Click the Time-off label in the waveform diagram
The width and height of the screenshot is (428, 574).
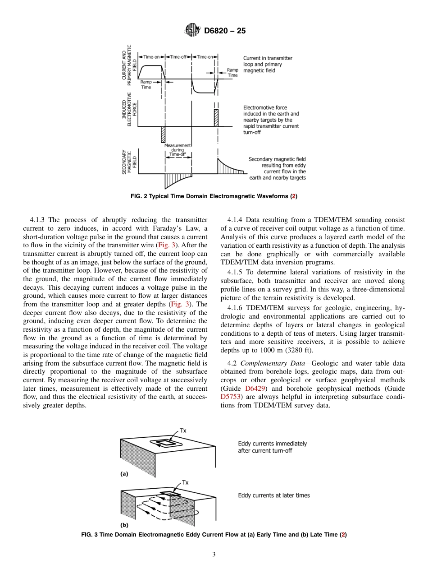pyautogui.click(x=179, y=57)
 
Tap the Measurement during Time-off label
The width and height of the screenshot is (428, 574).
pyautogui.click(x=178, y=150)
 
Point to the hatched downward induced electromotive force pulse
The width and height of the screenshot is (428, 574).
pyautogui.click(x=163, y=134)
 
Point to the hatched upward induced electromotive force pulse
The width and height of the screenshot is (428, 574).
pyautogui.click(x=216, y=117)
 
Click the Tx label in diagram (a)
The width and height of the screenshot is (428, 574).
pyautogui.click(x=183, y=430)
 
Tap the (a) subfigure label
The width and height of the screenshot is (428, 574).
pyautogui.click(x=124, y=474)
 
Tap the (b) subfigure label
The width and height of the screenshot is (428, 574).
pyautogui.click(x=124, y=525)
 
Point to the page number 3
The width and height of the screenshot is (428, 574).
pyautogui.click(x=214, y=554)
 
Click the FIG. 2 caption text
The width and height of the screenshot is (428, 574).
pyautogui.click(x=214, y=196)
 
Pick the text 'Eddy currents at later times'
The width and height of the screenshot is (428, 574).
pyautogui.click(x=273, y=495)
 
